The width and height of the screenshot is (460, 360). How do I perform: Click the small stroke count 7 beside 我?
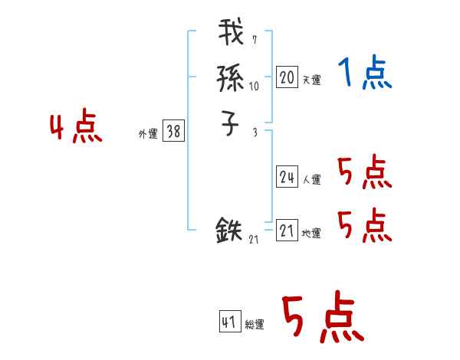pos(255,40)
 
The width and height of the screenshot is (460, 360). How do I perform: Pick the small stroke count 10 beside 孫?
pos(254,86)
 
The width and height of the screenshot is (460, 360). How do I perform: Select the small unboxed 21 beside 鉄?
pos(254,241)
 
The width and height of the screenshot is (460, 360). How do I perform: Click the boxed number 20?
pos(287,77)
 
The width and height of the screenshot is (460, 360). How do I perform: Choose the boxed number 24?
pos(287,177)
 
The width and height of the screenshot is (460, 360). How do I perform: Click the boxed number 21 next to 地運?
pos(287,230)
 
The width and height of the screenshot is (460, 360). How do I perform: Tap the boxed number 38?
pos(173,132)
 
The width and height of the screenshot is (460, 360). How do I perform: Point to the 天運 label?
pos(311,80)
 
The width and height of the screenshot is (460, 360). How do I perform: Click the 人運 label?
pos(311,180)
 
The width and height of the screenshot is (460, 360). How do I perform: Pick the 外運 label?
pos(148,134)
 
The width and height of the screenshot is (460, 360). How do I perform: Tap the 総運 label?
pos(255,325)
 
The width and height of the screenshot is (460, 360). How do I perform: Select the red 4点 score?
pos(76,128)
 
